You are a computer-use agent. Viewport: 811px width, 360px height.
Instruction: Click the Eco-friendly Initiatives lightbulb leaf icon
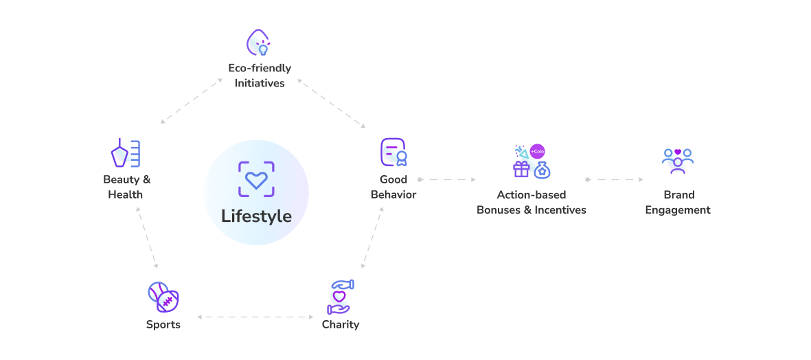259,43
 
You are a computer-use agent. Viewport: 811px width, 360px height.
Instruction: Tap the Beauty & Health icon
126,153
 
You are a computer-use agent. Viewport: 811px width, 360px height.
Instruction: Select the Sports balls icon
163,297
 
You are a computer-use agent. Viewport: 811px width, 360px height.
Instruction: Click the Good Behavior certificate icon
393,152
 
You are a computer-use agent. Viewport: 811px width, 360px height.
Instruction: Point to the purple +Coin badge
538,152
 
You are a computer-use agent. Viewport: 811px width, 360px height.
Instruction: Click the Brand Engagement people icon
678,161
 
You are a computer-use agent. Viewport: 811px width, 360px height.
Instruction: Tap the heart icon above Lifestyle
256,179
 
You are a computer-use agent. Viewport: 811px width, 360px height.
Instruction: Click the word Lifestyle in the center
257,216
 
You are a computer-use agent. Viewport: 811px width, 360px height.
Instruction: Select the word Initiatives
260,83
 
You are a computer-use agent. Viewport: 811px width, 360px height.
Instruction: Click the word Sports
163,325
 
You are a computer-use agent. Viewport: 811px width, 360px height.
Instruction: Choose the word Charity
341,325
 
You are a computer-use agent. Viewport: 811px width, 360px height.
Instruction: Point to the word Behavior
393,195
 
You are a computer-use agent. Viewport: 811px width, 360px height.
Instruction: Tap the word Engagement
678,210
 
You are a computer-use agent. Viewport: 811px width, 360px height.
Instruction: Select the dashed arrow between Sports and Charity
255,317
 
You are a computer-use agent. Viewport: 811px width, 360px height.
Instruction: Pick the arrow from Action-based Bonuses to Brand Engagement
615,179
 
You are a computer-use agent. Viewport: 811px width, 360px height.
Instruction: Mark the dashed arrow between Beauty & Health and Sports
147,238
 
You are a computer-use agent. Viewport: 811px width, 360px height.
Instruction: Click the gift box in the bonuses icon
521,168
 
